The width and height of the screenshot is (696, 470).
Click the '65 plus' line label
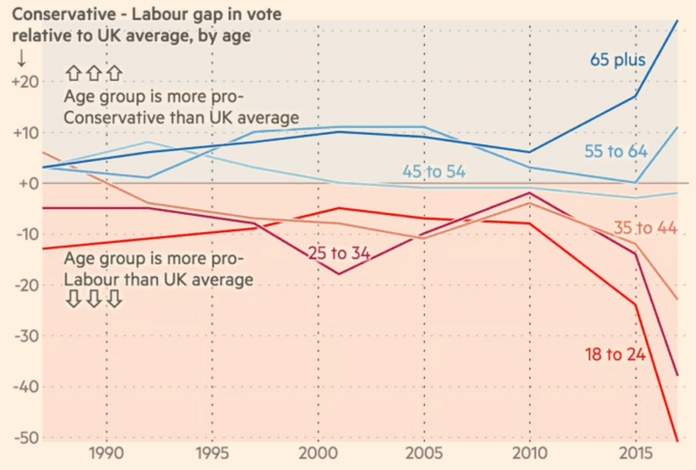(617, 60)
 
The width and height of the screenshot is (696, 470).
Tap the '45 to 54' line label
(434, 172)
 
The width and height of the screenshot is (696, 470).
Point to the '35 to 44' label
(646, 228)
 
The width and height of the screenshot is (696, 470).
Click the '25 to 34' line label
(339, 253)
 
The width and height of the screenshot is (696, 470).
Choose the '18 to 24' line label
(614, 355)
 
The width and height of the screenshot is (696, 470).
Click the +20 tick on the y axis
(26, 82)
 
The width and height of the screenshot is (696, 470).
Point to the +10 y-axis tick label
(26, 133)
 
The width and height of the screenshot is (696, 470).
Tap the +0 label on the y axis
(29, 183)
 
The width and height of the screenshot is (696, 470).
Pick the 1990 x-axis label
(106, 455)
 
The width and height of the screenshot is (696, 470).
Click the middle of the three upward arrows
(93, 74)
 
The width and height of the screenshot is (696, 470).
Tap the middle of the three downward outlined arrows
(93, 299)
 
